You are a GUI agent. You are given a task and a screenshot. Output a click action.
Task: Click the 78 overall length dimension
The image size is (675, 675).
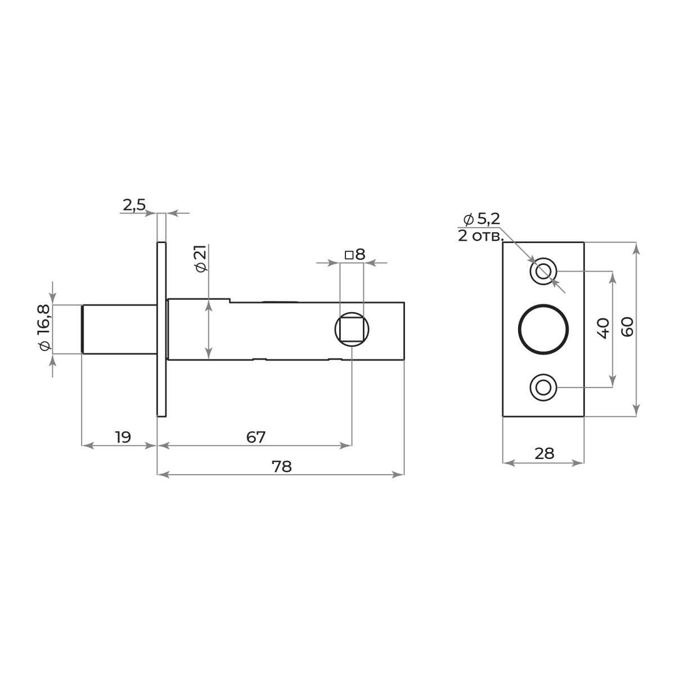(281, 466)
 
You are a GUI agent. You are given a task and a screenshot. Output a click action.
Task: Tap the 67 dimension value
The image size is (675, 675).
(256, 437)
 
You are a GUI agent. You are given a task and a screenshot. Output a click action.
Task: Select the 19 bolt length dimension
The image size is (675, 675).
(123, 437)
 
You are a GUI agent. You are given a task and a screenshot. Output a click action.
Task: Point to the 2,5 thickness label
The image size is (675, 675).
(134, 205)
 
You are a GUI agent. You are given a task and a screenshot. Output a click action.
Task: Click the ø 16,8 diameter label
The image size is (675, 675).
(44, 327)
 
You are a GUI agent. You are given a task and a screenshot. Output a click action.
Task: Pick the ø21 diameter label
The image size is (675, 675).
(201, 258)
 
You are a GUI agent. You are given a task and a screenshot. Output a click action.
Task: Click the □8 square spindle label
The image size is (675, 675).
(355, 255)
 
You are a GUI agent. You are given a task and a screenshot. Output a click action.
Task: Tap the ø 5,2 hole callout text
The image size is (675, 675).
(481, 219)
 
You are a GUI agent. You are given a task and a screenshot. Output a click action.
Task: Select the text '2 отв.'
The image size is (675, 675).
(480, 236)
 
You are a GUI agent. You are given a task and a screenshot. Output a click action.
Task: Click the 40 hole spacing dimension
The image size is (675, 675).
(602, 328)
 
